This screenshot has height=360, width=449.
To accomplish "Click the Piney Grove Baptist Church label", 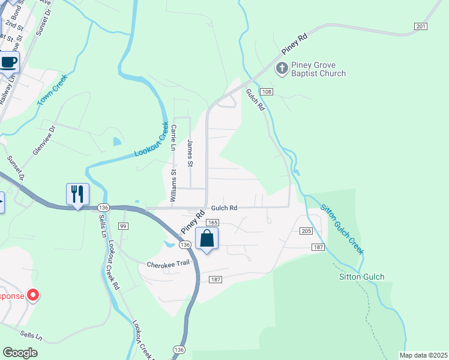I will coord(319,69).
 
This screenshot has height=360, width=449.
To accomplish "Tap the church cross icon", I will coord(282,68).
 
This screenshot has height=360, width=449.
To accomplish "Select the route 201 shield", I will coord(420,26).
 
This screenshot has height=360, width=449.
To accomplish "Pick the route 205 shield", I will coord(306,232).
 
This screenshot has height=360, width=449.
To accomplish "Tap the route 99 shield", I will coord(123,226).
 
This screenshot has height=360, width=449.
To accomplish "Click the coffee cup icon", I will coord(9,62).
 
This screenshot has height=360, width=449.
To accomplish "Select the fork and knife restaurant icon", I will coord(77,194).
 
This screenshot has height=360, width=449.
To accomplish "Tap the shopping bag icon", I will coord(206,238).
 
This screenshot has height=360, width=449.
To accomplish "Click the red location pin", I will coord(33,295).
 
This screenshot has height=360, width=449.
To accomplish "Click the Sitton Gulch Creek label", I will coord(342,229).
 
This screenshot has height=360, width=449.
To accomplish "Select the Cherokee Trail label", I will coord(167,265).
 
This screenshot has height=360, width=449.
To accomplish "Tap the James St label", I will coord(190,153).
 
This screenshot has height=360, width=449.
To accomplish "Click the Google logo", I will coord(20,353).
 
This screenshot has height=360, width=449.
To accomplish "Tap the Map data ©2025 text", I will coord(423,355).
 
